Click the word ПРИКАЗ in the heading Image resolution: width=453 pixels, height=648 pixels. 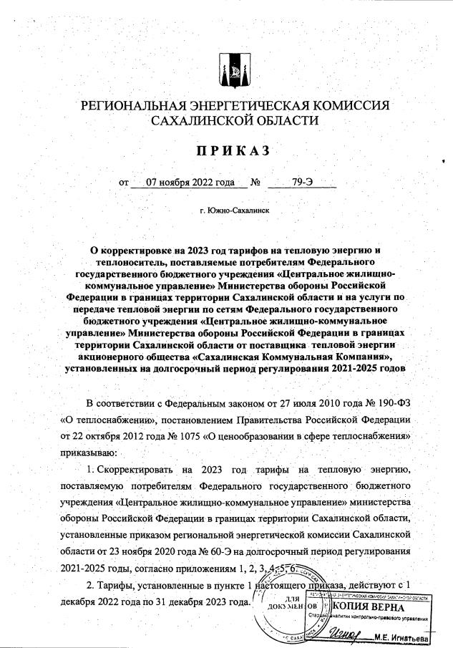click(x=226, y=150)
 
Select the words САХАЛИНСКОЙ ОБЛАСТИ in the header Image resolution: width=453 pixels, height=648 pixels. click(x=226, y=122)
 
